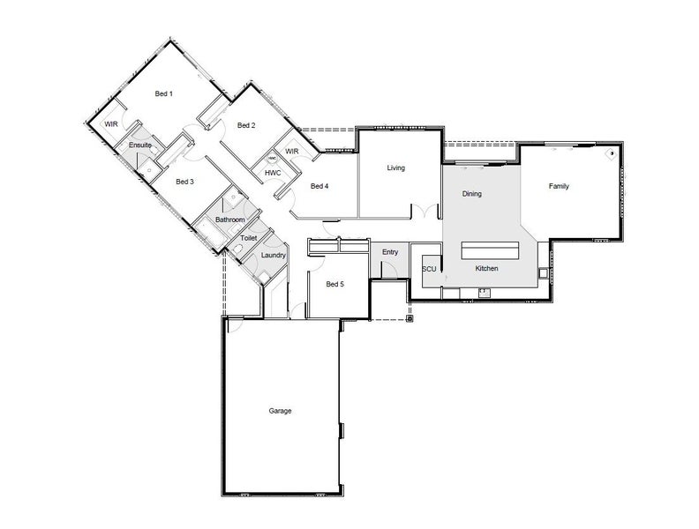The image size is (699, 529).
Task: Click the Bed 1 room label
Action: point(163,93)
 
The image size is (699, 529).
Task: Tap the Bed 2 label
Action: point(246,125)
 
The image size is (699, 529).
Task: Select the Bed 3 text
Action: point(184,182)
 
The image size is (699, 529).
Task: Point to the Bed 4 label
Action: point(319,186)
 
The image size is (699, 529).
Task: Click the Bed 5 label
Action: point(334,284)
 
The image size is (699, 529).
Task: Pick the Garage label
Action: point(280,411)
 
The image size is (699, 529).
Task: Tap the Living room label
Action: point(396,168)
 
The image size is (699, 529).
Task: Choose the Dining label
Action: point(471,194)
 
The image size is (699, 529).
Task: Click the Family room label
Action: point(559,186)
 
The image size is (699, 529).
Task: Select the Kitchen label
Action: point(486,269)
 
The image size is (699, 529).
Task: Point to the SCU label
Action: point(429,269)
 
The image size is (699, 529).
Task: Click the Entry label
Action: point(390,252)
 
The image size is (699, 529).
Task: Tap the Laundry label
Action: point(274,255)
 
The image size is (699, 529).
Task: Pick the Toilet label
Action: point(248,238)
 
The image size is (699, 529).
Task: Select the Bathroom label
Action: point(230,220)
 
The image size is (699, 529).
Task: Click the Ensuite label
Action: point(140,145)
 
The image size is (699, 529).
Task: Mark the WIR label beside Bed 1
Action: point(111,124)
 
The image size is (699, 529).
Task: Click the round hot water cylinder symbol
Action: point(272,159)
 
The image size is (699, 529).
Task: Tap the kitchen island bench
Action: point(490,250)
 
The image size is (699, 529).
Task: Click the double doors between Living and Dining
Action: point(425,210)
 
